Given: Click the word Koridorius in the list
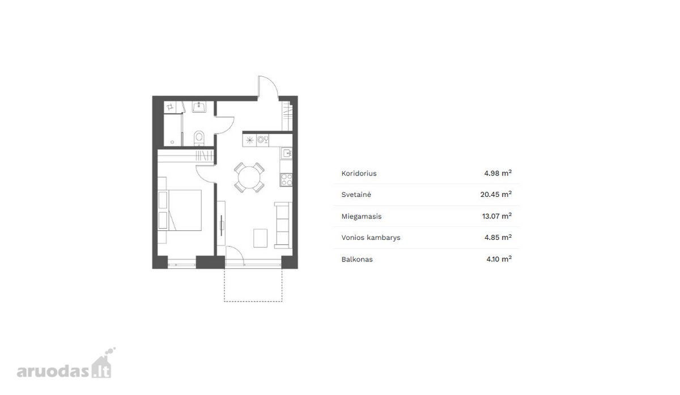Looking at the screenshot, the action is pos(359,173).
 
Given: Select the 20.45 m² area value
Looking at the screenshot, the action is pos(496,194).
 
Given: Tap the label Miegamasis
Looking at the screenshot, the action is pos(362,216).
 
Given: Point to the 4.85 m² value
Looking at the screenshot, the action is pos(498,237).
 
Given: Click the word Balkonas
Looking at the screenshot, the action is pos(356,260).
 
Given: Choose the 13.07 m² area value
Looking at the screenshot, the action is pos(496,216).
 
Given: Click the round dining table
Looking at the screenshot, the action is pos(249,177).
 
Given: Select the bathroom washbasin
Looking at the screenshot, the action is pos(199,107).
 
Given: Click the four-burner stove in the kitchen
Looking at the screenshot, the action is pos(286,179).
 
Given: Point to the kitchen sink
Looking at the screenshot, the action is pos(286,153).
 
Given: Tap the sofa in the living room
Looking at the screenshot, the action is pos(283,225).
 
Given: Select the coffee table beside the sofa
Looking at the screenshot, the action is pos(260,238).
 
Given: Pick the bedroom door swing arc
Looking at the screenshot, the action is pos(201,177).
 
